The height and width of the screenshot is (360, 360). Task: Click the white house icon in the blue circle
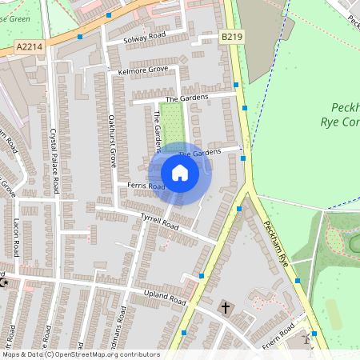coord(180,173)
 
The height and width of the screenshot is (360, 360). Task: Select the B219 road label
coord(231,37)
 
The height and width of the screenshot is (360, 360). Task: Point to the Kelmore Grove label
coord(142,70)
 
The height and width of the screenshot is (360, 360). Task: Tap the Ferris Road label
coord(146,186)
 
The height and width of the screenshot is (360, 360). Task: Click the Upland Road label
coord(164,298)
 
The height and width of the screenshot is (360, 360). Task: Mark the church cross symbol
coord(226,307)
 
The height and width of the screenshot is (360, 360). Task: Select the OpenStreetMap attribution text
coord(80,354)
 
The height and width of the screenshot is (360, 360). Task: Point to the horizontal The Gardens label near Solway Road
coord(186,98)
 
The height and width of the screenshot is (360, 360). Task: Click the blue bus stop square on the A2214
coord(80,36)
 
